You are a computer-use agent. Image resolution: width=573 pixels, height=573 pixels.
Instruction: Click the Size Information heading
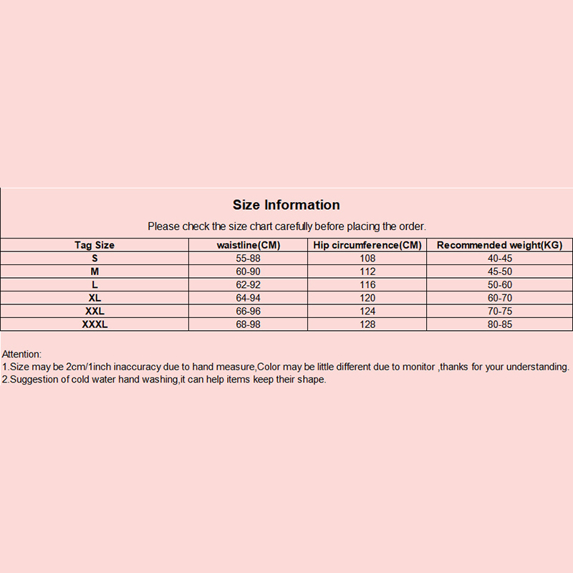click(286, 206)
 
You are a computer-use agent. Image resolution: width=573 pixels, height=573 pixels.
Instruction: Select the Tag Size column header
click(95, 245)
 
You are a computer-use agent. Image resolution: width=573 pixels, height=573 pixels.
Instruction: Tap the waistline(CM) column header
click(249, 245)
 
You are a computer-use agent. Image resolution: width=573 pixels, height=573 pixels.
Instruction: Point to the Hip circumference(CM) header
click(368, 245)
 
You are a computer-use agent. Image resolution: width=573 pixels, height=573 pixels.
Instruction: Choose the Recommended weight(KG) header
click(499, 245)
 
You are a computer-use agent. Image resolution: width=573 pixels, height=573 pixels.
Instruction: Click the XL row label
click(95, 298)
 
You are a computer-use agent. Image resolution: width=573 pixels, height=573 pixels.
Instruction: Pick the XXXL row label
click(95, 324)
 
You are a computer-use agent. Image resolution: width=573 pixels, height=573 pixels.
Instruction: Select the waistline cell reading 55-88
click(249, 258)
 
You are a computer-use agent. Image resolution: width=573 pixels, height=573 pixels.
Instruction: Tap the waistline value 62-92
click(249, 284)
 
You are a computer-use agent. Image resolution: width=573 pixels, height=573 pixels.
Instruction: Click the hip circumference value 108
click(368, 258)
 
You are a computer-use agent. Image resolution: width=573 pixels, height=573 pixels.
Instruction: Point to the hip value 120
click(368, 298)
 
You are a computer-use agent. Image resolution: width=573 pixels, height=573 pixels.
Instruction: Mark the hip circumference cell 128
click(368, 324)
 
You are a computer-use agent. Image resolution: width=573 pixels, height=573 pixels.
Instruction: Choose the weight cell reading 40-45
click(499, 258)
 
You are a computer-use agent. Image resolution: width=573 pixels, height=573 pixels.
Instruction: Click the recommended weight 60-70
click(499, 298)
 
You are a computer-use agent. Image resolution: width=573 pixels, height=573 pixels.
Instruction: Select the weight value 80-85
click(499, 324)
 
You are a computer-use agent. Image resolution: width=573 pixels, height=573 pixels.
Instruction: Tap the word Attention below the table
click(22, 354)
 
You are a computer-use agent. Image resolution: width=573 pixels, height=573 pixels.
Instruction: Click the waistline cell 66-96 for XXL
click(249, 311)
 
